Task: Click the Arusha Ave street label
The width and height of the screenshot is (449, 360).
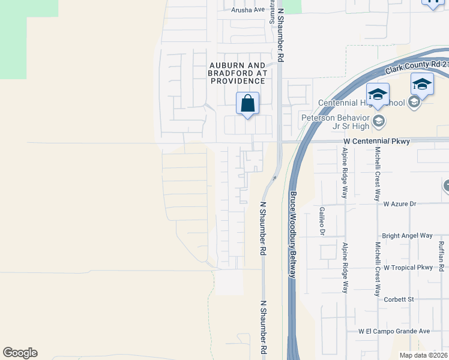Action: (248, 10)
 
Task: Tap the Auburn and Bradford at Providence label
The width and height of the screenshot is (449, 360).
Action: (237, 72)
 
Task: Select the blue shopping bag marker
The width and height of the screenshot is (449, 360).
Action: (247, 104)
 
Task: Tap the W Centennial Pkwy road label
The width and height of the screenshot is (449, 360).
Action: (376, 142)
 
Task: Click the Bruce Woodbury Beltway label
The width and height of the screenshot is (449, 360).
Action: (294, 235)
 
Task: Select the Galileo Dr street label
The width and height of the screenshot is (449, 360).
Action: (322, 221)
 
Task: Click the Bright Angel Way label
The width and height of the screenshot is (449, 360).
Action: (407, 236)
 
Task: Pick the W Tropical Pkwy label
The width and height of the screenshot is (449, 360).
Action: (408, 268)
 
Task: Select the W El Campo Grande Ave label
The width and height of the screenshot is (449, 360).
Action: (394, 331)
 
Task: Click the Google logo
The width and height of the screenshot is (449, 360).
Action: (20, 353)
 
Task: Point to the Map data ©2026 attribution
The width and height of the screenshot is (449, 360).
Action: (423, 355)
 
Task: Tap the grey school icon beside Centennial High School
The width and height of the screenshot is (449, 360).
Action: (414, 103)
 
